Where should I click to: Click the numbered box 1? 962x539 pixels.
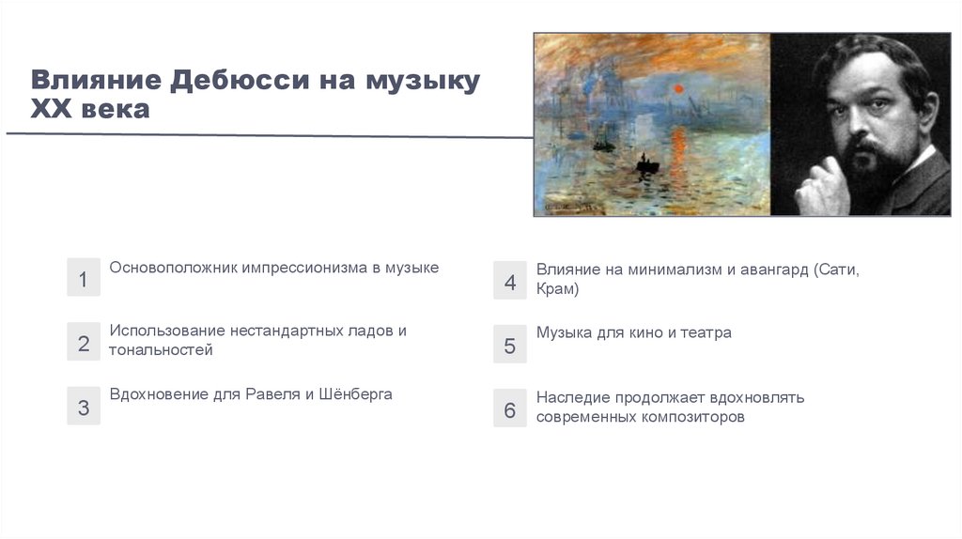(x=83, y=279)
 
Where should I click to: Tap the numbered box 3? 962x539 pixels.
(x=83, y=408)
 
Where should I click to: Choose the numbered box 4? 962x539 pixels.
(x=509, y=282)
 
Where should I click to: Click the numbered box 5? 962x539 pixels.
(x=509, y=346)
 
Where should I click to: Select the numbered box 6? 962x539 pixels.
(x=509, y=409)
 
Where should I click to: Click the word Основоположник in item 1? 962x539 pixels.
(x=172, y=268)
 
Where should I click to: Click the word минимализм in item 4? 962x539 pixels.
(x=675, y=269)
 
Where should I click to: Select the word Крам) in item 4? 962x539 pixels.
(x=557, y=289)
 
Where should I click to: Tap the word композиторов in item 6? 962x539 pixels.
(x=693, y=417)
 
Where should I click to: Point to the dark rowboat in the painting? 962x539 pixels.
(x=647, y=167)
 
